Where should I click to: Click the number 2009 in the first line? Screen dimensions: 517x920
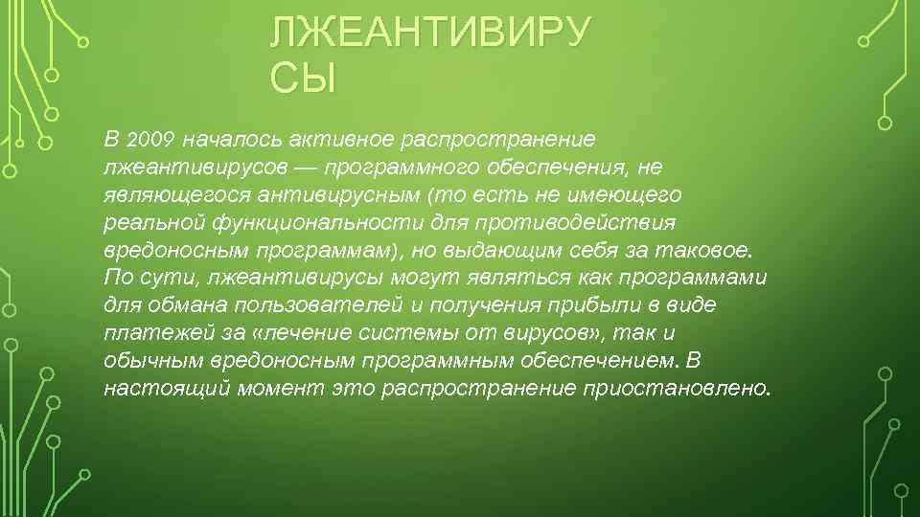tap(149, 140)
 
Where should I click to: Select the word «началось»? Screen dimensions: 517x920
tap(230, 140)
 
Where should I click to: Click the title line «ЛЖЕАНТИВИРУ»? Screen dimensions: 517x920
tap(429, 34)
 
